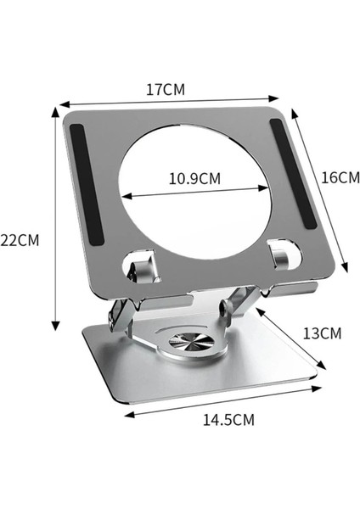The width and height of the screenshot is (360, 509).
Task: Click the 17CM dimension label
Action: click(166, 88)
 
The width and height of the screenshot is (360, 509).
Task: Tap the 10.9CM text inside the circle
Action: click(194, 179)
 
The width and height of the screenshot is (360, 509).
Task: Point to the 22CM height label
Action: click(20, 240)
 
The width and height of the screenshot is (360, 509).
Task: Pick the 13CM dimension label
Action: click(322, 333)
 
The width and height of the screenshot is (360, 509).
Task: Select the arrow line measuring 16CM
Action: click(322, 189)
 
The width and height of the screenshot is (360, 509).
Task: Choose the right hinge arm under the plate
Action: click(246, 301)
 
